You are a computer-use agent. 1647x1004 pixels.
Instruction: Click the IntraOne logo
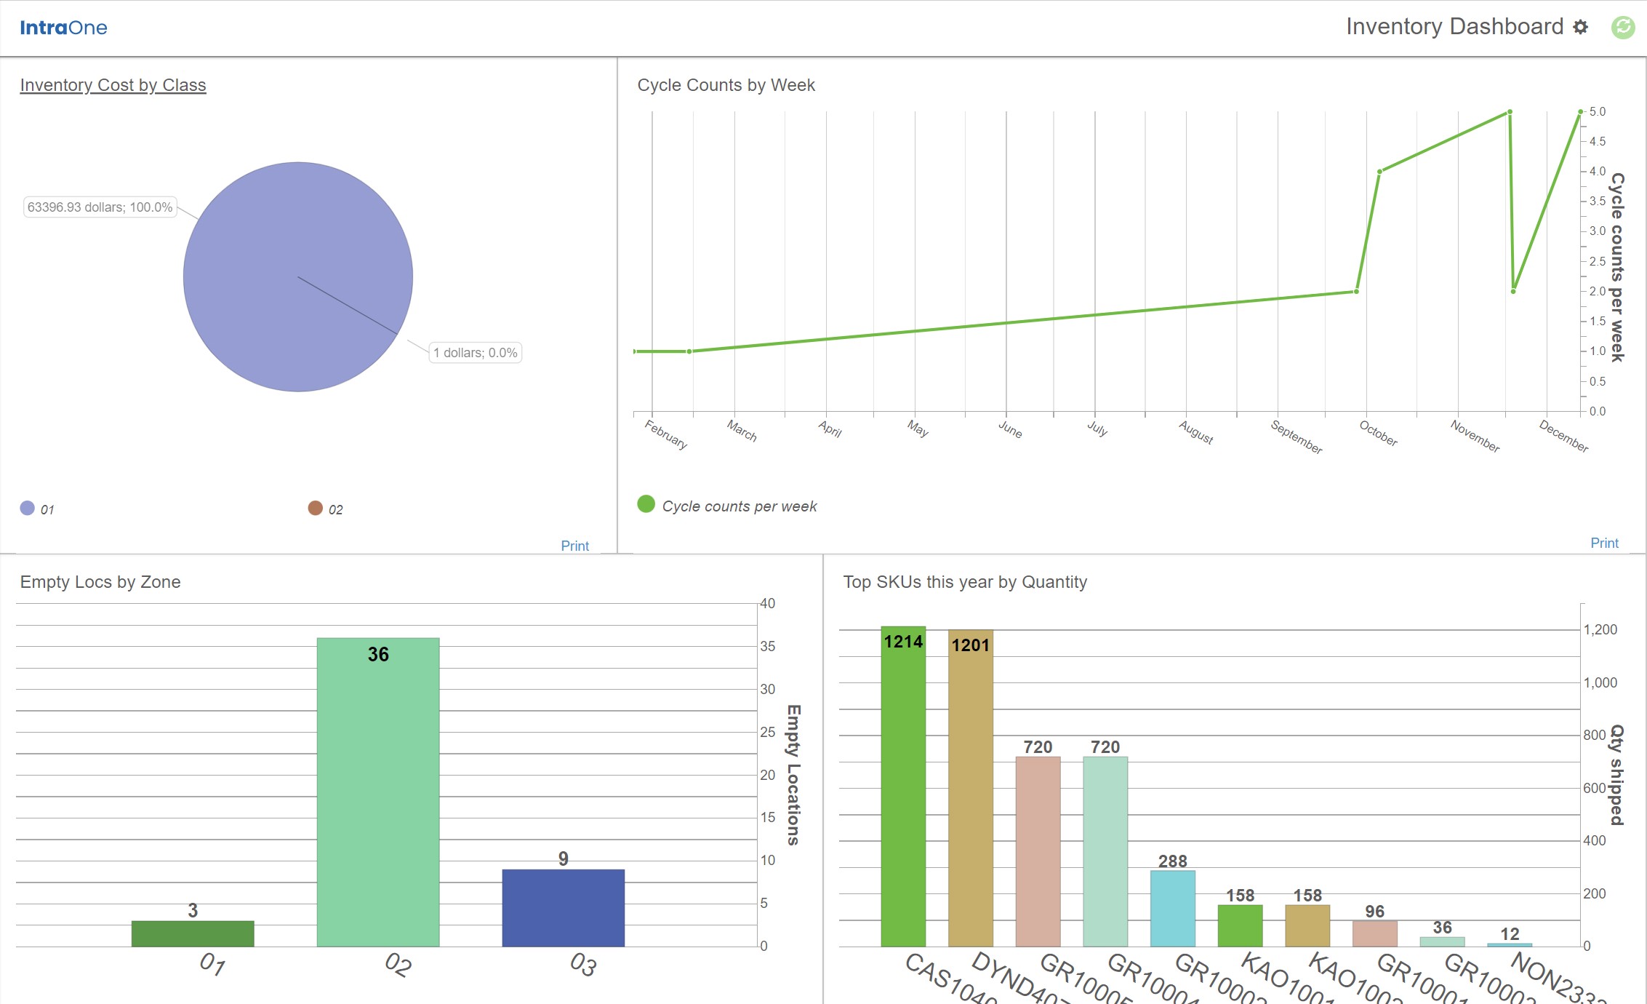click(63, 28)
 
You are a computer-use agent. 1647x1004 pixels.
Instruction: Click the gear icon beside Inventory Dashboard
click(1580, 27)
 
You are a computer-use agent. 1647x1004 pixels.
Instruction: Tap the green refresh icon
click(1622, 27)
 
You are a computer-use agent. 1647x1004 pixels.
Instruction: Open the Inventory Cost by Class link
click(113, 85)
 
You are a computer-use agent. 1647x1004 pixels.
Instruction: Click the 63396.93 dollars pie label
click(100, 207)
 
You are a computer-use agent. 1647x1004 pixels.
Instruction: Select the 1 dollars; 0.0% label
click(475, 353)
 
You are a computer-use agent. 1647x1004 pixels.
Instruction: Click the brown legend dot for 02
click(315, 508)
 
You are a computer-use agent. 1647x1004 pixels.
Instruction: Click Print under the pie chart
click(574, 546)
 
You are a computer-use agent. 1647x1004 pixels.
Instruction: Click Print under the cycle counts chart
click(1603, 543)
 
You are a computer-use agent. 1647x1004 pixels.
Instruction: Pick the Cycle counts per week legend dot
click(646, 504)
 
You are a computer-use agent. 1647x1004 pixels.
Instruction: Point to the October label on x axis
click(1378, 434)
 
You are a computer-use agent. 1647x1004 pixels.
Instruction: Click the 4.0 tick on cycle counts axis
click(1597, 172)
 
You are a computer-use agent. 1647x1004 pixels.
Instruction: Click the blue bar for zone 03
click(563, 907)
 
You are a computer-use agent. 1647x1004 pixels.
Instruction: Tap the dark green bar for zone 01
click(193, 933)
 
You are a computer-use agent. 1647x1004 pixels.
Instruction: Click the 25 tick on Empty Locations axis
click(767, 732)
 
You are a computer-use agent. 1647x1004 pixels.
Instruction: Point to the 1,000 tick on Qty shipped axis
click(1600, 682)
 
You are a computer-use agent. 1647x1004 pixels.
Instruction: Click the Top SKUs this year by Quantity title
click(964, 582)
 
